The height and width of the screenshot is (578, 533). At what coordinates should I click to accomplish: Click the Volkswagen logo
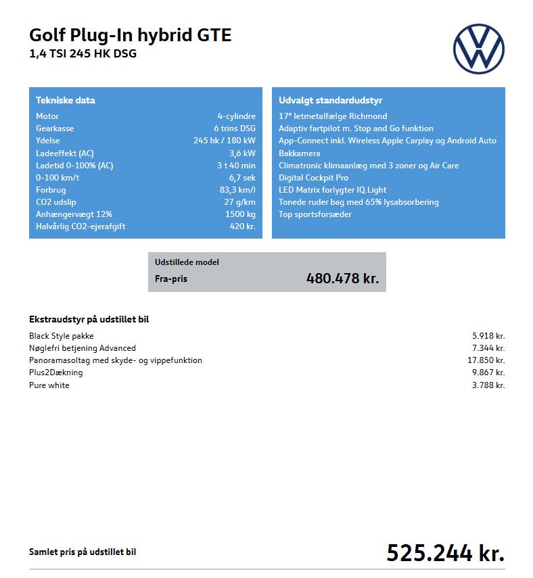pos(478,49)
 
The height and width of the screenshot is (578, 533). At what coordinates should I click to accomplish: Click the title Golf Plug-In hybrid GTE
pos(130,35)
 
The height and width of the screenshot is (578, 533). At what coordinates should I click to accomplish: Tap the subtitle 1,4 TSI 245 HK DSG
pos(83,54)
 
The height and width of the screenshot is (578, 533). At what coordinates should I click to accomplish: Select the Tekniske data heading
pos(65,100)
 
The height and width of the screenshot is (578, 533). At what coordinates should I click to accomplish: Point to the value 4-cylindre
pos(236,116)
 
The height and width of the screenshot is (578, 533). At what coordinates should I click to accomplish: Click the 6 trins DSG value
pos(234,128)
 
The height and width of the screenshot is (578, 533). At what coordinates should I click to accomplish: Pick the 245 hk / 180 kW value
pos(224,141)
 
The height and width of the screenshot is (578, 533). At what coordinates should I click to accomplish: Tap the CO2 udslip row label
pos(56,202)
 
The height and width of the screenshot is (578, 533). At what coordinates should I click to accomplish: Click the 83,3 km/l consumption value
pos(233,190)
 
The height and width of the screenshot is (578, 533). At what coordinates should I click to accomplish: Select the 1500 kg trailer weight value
pos(240,214)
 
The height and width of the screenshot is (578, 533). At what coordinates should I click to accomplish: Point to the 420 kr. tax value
pos(242,226)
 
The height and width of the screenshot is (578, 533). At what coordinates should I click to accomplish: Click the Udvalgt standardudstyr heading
pos(330,100)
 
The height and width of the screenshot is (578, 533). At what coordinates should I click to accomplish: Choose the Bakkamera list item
pos(299,153)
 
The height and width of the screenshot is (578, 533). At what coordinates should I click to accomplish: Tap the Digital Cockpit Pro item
pos(313,178)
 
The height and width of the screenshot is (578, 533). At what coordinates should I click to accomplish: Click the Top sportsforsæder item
pos(315,214)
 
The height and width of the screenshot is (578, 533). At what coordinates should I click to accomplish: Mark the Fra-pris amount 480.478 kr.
pos(342,278)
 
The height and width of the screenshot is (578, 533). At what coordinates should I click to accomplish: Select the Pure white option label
pos(49,385)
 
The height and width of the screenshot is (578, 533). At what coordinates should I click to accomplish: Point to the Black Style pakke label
pos(62,335)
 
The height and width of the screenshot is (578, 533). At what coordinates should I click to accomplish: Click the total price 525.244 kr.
pos(445,553)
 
